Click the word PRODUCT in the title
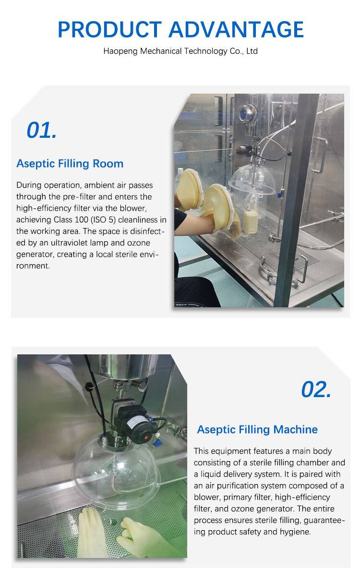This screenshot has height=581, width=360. pyautogui.click(x=110, y=29)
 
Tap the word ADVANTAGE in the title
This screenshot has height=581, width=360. pyautogui.click(x=236, y=29)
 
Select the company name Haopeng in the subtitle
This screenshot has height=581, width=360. pyautogui.click(x=120, y=51)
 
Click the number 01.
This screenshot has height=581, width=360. pyautogui.click(x=41, y=130)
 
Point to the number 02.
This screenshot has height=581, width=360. pyautogui.click(x=316, y=389)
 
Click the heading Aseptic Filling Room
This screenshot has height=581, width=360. pyautogui.click(x=70, y=164)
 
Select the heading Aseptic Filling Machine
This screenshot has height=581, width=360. pyautogui.click(x=257, y=430)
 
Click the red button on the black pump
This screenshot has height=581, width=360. pyautogui.click(x=146, y=438)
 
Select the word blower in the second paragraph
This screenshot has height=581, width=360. pyautogui.click(x=207, y=497)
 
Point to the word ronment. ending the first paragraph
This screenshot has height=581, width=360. pyautogui.click(x=33, y=266)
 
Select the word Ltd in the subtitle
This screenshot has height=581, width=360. pyautogui.click(x=252, y=51)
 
